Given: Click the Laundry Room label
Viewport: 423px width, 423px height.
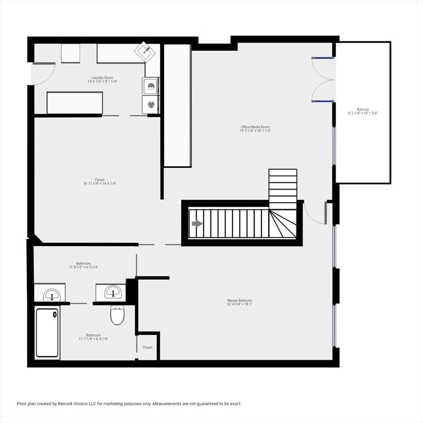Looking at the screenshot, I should click(x=102, y=78).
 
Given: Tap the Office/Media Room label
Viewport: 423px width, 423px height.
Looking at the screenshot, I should click(x=254, y=127).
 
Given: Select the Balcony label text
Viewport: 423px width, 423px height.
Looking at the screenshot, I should click(x=363, y=109).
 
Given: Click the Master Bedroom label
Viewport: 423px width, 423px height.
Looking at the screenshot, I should click(x=240, y=300).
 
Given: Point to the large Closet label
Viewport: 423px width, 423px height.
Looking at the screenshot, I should click(x=100, y=180).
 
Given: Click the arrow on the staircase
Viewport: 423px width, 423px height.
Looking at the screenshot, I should click(x=197, y=224).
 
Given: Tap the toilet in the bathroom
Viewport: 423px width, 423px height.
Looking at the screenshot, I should click(x=118, y=316).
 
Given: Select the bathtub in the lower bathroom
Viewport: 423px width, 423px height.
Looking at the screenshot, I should click(x=47, y=332).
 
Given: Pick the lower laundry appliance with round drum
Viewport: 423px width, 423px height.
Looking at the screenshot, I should click(x=150, y=104).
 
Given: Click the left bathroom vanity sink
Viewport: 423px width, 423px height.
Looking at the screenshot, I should click(x=51, y=294).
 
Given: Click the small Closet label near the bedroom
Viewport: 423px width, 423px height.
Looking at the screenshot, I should click(x=148, y=348).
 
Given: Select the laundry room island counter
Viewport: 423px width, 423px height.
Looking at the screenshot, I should click(x=74, y=102).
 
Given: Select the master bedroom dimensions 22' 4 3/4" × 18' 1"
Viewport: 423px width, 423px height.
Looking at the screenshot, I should click(x=240, y=304).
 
